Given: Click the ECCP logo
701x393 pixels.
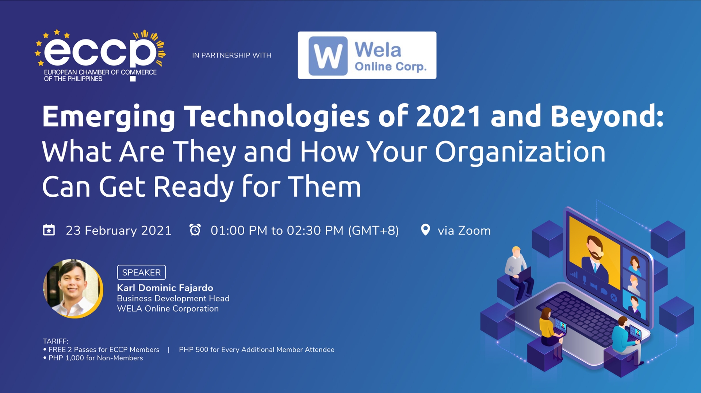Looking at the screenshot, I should point(100,55).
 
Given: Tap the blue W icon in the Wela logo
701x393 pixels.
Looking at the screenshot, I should point(327,56).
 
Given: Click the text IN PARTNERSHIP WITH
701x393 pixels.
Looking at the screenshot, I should point(231,55).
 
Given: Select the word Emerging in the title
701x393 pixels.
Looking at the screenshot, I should point(109,117).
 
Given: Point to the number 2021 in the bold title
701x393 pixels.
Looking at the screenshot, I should point(448,117).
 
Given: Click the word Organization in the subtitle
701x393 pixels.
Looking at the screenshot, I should point(520,151).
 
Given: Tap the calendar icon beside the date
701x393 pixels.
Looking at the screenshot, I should point(49,230).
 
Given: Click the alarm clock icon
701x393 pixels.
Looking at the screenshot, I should point(195,230).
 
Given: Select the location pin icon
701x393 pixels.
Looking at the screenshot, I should point(425,230).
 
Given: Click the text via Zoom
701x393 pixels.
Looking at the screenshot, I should point(464,231).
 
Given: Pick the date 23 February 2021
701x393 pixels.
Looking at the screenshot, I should point(118,231).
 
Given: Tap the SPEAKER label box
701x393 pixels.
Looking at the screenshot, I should point(141,272).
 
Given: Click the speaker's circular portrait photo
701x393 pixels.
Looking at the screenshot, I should point(73,288).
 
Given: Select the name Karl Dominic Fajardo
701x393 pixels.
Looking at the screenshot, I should point(165,288).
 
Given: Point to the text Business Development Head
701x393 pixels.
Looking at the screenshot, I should point(173,298).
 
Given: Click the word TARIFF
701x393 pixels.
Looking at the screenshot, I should point(55,341).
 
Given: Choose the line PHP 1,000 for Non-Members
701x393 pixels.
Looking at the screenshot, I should point(96,358).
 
